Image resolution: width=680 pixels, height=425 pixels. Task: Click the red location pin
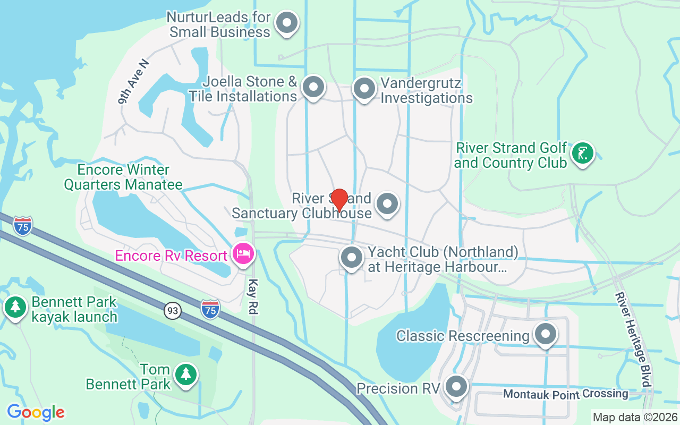339,200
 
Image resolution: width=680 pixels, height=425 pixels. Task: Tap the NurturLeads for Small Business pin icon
287,23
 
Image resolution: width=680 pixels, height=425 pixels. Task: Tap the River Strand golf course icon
582,154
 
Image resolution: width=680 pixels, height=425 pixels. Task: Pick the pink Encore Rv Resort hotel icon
242,253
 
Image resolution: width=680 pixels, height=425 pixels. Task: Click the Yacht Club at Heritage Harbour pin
351,258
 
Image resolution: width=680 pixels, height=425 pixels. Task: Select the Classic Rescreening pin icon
545,335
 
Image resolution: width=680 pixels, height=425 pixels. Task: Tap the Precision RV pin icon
456,387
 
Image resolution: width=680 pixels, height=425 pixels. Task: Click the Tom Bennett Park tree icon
185,375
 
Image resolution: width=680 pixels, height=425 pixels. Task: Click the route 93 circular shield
172,311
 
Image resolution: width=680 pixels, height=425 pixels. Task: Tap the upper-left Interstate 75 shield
23,226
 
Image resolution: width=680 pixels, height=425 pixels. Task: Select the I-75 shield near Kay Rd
210,309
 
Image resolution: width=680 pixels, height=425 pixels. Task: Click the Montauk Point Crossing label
565,394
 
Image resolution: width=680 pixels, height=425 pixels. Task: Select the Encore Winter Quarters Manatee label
123,177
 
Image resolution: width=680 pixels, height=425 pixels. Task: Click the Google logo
36,412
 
